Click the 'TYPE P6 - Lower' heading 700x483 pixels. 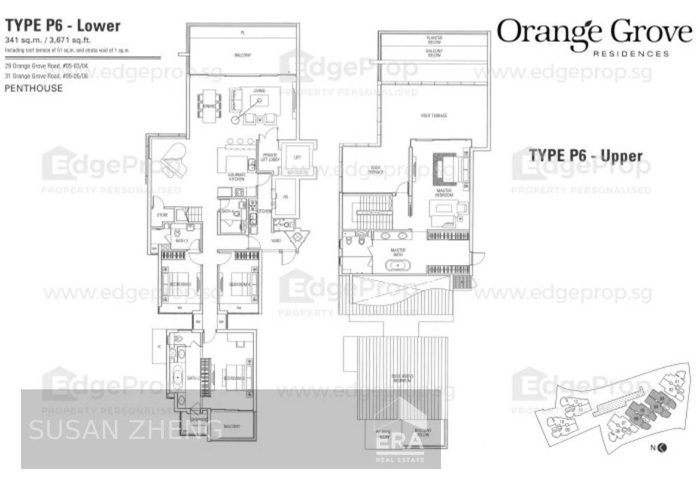click(x=64, y=26)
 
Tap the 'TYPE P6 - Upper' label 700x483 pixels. click(x=585, y=155)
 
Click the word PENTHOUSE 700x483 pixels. click(x=34, y=89)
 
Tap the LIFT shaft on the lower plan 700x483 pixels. click(x=297, y=157)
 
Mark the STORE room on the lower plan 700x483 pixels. click(x=160, y=215)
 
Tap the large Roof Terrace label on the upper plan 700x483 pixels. click(x=435, y=115)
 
